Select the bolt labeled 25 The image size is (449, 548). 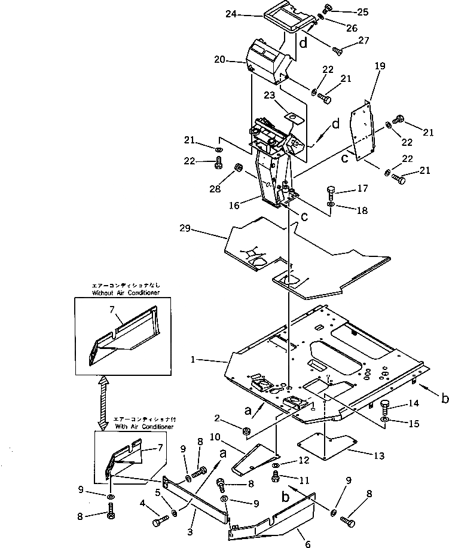326,8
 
